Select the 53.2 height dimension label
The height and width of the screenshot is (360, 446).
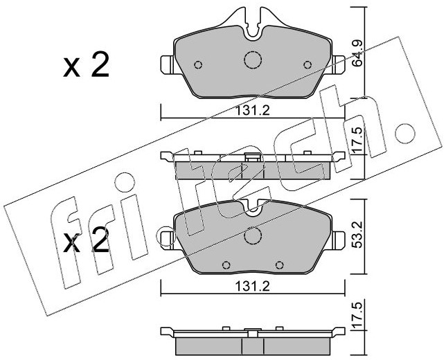pyautogui.click(x=357, y=235)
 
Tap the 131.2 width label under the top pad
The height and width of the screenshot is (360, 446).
pyautogui.click(x=252, y=110)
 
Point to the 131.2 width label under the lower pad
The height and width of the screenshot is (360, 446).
pyautogui.click(x=252, y=287)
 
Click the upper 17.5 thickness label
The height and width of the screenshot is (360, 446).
pyautogui.click(x=357, y=139)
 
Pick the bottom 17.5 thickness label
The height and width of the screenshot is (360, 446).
pyautogui.click(x=357, y=316)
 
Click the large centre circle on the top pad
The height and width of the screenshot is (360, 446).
pyautogui.click(x=253, y=60)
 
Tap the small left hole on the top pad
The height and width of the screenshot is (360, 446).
pyautogui.click(x=198, y=65)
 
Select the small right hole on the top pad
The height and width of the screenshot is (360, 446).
pyautogui.click(x=307, y=65)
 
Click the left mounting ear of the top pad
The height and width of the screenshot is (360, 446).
pyautogui.click(x=167, y=65)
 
